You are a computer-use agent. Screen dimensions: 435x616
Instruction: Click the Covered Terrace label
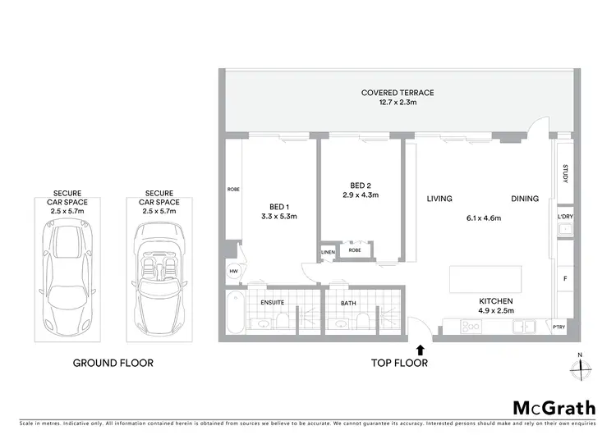[x=398, y=93]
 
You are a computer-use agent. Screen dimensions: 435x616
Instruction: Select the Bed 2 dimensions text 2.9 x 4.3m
[x=360, y=195]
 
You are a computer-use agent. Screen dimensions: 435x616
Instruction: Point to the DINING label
[x=525, y=199]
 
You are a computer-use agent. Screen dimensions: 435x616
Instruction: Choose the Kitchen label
[x=497, y=301]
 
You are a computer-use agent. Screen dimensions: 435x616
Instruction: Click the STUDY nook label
[x=566, y=176]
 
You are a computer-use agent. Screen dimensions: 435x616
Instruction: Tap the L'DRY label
[x=565, y=217]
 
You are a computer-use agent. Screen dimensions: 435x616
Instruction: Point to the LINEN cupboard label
[x=328, y=251]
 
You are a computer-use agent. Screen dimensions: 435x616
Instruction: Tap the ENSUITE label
[x=272, y=302]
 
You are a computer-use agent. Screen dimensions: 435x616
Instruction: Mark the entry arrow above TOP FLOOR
[x=421, y=350]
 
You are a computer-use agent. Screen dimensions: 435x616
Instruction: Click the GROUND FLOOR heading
[x=113, y=363]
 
